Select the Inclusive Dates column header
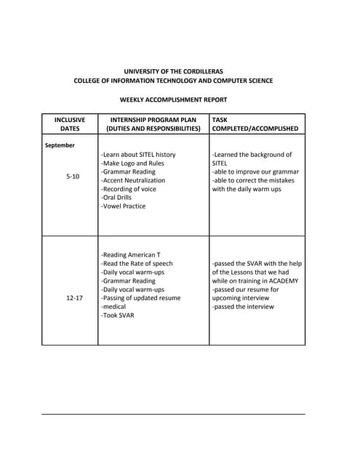70,124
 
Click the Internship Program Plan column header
153,124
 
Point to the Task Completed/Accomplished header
255,124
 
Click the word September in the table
60,145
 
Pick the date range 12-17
74,298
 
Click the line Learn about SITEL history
138,155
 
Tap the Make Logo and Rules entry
132,163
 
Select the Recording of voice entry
129,189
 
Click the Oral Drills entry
120,198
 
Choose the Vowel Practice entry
124,206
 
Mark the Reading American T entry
131,255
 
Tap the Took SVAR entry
118,315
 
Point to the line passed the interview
243,307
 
